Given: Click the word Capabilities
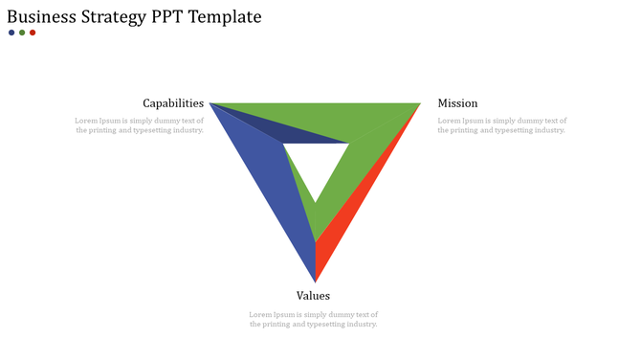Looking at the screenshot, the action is pyautogui.click(x=173, y=103).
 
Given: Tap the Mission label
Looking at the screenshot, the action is pyautogui.click(x=457, y=103).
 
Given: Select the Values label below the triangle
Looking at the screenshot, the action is pyautogui.click(x=313, y=296).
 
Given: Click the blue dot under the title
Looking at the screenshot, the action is pyautogui.click(x=11, y=33).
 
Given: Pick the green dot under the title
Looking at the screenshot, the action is pyautogui.click(x=22, y=33).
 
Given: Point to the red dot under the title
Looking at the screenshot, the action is pyautogui.click(x=33, y=33).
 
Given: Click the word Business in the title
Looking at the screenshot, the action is pyautogui.click(x=42, y=17).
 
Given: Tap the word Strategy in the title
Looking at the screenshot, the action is pyautogui.click(x=120, y=17).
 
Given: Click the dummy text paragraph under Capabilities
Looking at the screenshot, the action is pyautogui.click(x=140, y=125).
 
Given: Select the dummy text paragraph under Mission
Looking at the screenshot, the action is pyautogui.click(x=502, y=125).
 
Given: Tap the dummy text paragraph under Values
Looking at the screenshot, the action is pyautogui.click(x=314, y=319).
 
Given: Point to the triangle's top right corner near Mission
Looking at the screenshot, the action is pyautogui.click(x=418, y=104).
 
